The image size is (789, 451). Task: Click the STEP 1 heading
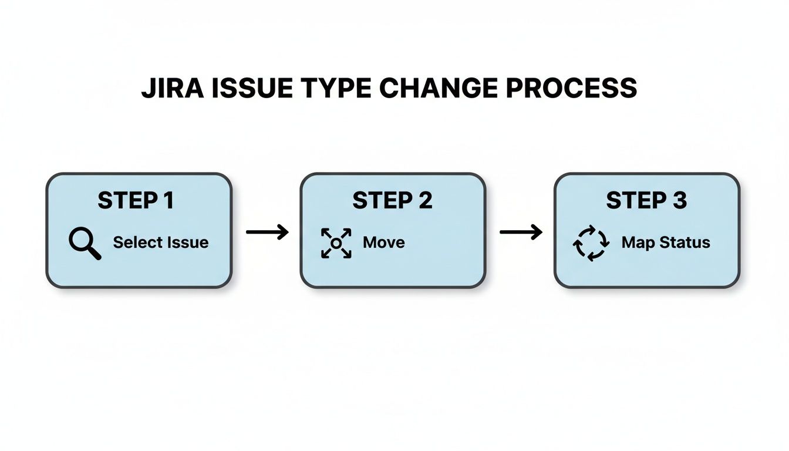tap(136, 201)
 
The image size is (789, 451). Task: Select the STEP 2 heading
tap(392, 201)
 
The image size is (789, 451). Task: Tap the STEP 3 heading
tap(646, 201)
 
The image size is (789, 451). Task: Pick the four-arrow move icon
tap(336, 243)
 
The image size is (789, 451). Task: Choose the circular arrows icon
tap(591, 243)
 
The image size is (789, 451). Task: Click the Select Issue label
tap(160, 243)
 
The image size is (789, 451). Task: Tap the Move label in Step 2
tap(384, 243)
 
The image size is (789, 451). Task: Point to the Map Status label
tap(666, 243)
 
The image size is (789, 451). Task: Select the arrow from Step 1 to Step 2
tap(267, 232)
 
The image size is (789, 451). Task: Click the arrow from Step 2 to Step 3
tap(521, 232)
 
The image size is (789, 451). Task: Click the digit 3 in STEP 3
tap(680, 201)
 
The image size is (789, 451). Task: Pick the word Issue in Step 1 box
tap(186, 243)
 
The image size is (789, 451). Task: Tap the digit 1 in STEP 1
tap(168, 201)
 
